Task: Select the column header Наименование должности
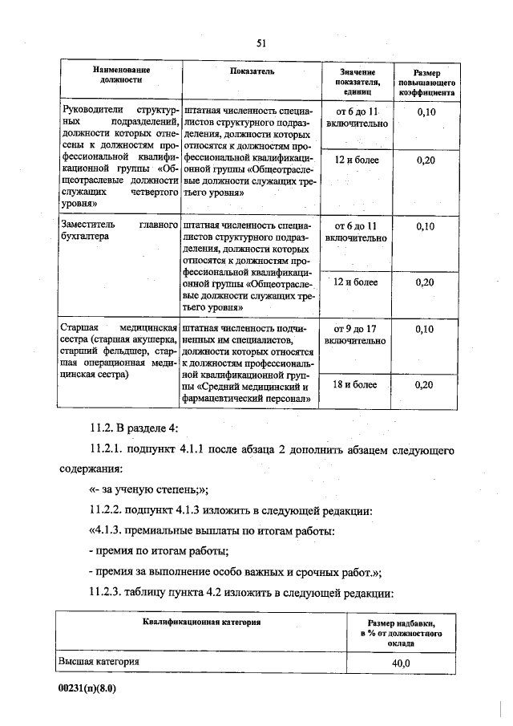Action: (x=121, y=75)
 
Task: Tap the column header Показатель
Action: (x=252, y=71)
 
